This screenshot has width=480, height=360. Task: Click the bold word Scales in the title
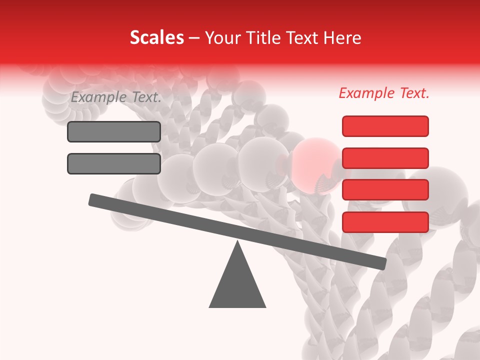(156, 38)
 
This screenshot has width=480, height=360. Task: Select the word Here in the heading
(342, 38)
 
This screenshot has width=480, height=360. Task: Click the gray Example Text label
(116, 97)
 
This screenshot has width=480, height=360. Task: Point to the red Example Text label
(384, 93)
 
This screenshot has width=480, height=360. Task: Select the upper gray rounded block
(114, 131)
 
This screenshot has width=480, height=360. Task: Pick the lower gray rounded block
(114, 163)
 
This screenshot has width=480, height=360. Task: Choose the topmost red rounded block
(385, 126)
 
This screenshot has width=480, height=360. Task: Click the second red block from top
(385, 158)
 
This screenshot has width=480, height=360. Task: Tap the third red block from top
(385, 190)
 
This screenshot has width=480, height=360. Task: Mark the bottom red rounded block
(385, 222)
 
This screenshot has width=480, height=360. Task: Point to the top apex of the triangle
(237, 243)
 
